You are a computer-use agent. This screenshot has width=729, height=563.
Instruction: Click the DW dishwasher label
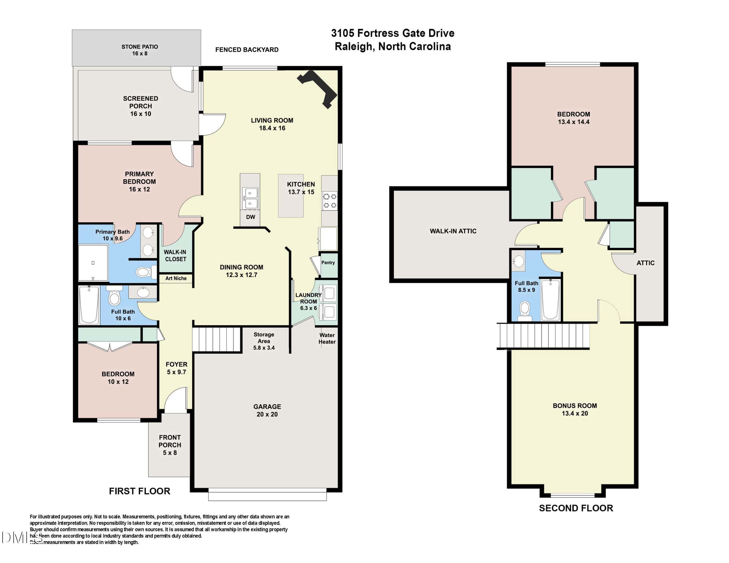pos(250,217)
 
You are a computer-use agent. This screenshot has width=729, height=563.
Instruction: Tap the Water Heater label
pos(327,338)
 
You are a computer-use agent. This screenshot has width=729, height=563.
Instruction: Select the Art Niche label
pos(176,278)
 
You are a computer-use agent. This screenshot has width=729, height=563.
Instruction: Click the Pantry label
pos(328,263)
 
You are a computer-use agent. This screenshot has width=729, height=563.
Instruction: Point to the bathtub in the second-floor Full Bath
pos(550,300)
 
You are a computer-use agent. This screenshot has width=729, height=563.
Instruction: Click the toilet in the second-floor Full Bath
pos(525,311)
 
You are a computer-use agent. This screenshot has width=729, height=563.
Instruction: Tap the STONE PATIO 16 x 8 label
pos(140,50)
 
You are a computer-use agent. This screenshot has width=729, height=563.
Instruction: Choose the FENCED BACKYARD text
pos(247,50)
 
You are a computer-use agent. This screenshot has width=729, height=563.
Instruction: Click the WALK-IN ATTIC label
pos(453,231)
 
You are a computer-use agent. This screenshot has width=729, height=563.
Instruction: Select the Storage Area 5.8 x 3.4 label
pos(264,341)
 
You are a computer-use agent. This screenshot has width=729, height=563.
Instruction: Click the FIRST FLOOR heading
pos(140,491)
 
